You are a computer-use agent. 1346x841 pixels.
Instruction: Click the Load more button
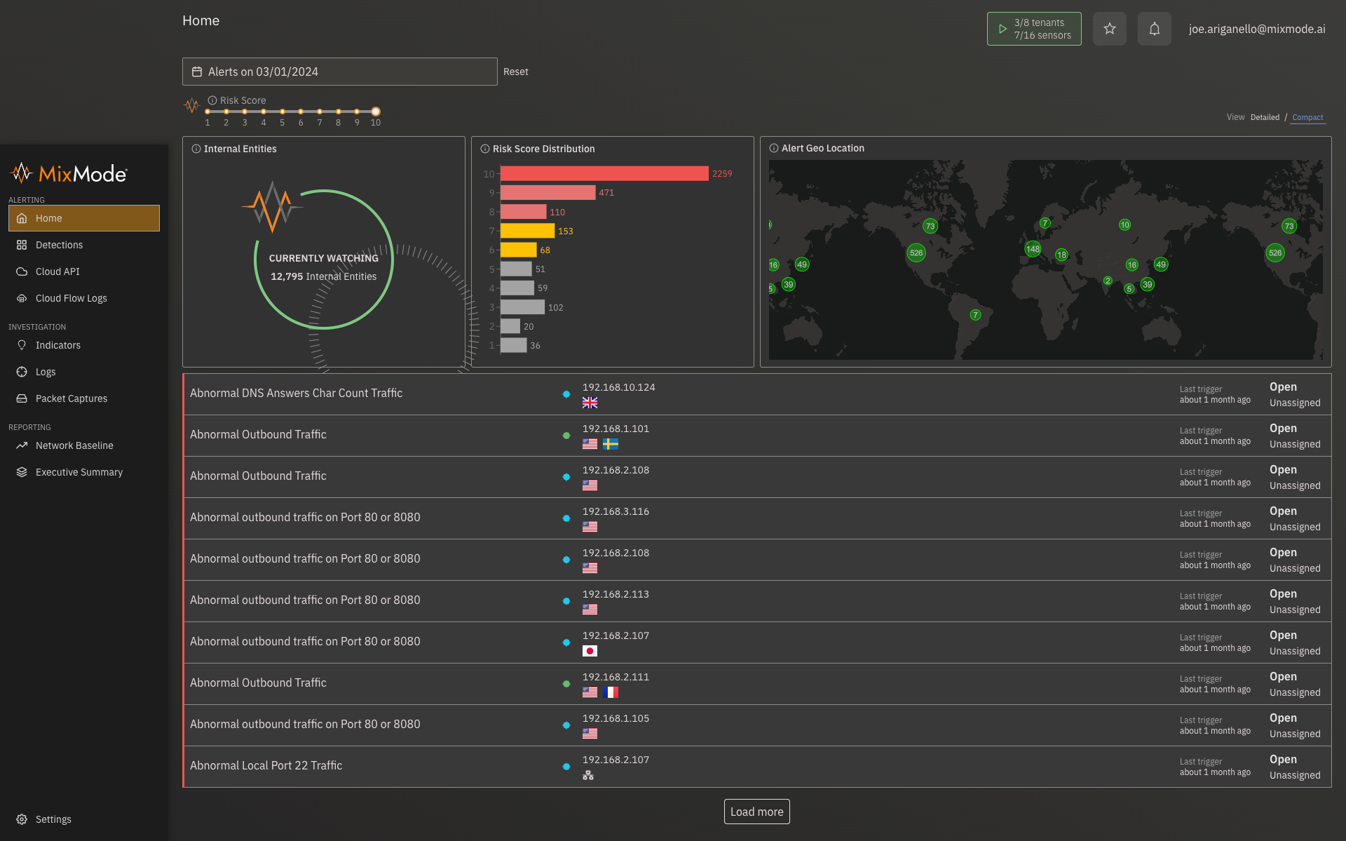tap(756, 812)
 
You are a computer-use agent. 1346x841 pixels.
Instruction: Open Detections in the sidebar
tap(59, 245)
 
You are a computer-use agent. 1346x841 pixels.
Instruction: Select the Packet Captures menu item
tap(71, 398)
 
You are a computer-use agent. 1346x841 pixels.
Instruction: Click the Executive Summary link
tap(79, 472)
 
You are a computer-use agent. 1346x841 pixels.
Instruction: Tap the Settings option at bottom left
tap(53, 819)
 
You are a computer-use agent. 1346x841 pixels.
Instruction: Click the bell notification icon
tap(1154, 29)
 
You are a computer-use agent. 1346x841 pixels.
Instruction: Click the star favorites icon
tap(1109, 29)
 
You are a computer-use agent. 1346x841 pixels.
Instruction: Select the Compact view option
tap(1307, 117)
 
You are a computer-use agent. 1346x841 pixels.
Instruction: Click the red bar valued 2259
tap(604, 173)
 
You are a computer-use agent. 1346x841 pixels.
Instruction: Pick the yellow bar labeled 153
tap(527, 231)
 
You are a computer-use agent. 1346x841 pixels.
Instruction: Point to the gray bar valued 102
tap(522, 307)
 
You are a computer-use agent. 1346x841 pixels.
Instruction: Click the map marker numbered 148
tap(1033, 249)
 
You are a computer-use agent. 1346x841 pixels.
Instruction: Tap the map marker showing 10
tap(1124, 225)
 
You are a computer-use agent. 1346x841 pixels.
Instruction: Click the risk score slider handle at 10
tap(376, 112)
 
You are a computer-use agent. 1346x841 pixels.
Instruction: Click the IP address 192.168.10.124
tap(618, 387)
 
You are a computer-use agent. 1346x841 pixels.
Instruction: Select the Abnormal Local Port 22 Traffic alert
tap(266, 765)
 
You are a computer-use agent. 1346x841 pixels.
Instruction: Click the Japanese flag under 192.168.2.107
tap(590, 651)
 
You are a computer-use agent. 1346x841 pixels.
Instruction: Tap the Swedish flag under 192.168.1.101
tap(611, 444)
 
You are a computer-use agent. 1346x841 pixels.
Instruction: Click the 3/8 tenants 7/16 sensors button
tap(1033, 29)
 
